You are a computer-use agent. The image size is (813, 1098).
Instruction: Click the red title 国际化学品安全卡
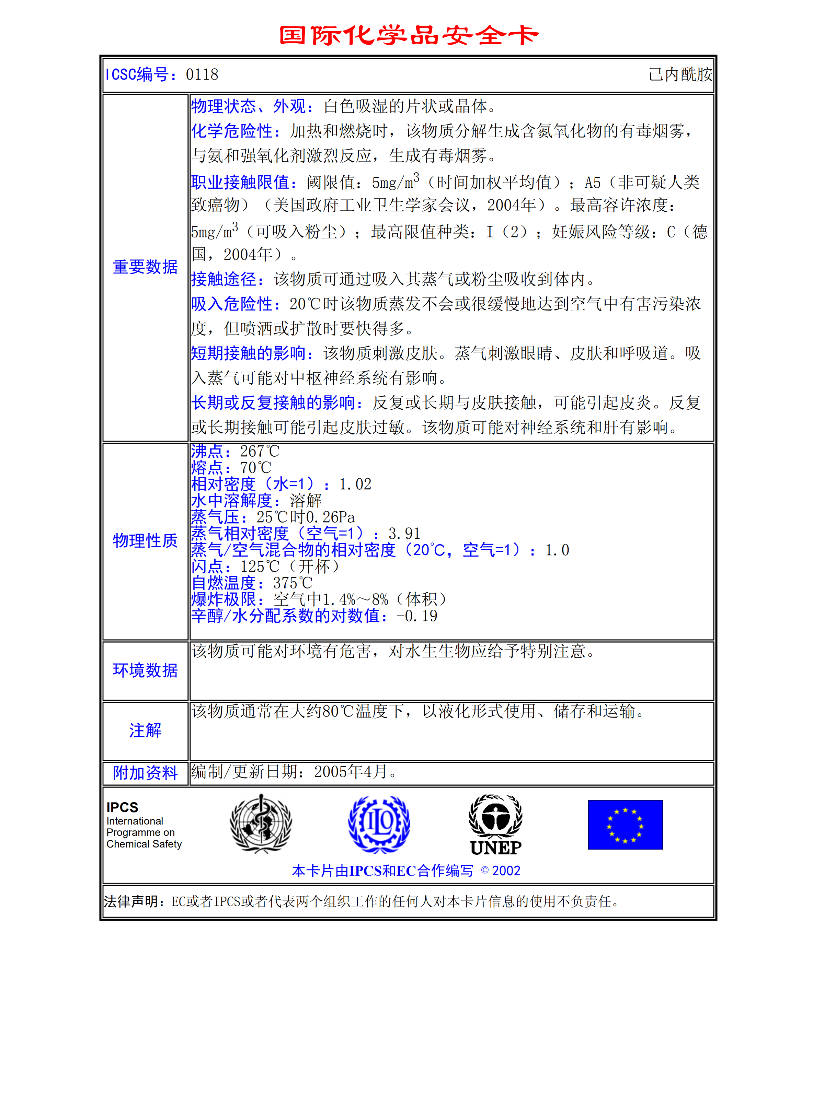[x=409, y=35]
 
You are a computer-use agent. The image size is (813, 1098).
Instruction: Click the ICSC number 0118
[x=202, y=75]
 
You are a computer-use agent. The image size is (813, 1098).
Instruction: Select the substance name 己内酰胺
[x=680, y=75]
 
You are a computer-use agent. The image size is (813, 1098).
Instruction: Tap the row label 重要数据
[x=145, y=267]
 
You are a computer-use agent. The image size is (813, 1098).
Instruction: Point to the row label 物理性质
[x=145, y=540]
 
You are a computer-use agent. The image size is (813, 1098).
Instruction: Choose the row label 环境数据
[x=145, y=670]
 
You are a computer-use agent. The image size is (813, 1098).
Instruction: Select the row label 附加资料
[x=145, y=773]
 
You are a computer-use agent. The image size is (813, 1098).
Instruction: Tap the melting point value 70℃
[x=255, y=468]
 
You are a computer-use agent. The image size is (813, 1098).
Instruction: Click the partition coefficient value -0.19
[x=417, y=616]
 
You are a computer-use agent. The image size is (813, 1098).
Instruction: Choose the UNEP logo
[x=495, y=825]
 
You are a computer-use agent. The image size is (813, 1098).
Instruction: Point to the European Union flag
[x=625, y=825]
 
